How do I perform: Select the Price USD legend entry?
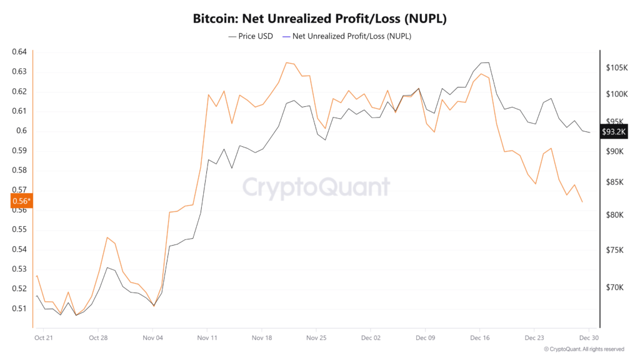click(x=251, y=36)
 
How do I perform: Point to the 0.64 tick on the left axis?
click(x=19, y=52)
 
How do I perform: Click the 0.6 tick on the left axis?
click(x=22, y=131)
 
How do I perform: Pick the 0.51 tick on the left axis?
click(x=19, y=309)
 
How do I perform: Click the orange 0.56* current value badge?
click(x=21, y=201)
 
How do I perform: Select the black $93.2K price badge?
click(x=613, y=132)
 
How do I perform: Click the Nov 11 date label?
click(x=206, y=337)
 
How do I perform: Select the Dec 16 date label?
click(x=479, y=337)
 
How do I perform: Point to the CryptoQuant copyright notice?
click(x=584, y=349)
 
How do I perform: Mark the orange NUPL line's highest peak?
click(x=286, y=62)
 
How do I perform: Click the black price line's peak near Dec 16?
click(x=484, y=62)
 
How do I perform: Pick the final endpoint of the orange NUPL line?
click(x=582, y=202)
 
